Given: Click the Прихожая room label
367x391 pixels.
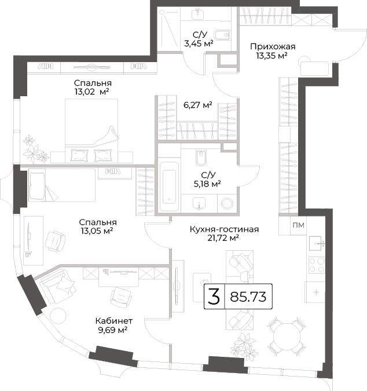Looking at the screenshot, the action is click(x=273, y=47).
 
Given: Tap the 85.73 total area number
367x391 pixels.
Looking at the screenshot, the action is click(x=248, y=297).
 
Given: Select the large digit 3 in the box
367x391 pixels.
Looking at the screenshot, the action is click(x=214, y=297).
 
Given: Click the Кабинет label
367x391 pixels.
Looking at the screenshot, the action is click(x=114, y=321).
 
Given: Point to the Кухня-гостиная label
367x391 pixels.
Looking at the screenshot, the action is click(x=224, y=229).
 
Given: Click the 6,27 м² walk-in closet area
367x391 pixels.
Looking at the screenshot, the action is click(x=198, y=105).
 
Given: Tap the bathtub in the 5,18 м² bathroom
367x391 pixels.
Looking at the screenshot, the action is click(x=169, y=187).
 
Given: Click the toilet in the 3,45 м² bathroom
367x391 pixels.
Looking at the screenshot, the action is click(x=222, y=35).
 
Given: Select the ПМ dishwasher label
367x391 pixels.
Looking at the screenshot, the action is click(x=298, y=225).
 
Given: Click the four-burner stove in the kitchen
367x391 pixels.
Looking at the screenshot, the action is click(x=317, y=265).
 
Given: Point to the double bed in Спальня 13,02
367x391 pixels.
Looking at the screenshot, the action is click(x=91, y=131).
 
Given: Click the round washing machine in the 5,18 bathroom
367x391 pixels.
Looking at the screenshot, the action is click(x=227, y=204).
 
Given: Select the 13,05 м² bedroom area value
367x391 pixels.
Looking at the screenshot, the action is click(x=97, y=231).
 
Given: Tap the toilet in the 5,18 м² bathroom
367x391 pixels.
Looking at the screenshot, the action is click(x=201, y=158).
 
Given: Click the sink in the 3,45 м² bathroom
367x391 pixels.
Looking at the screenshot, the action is click(x=198, y=14).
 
